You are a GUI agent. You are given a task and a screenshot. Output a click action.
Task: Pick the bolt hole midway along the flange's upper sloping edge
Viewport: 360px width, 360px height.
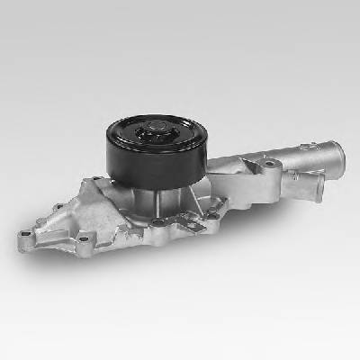click(59, 208)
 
